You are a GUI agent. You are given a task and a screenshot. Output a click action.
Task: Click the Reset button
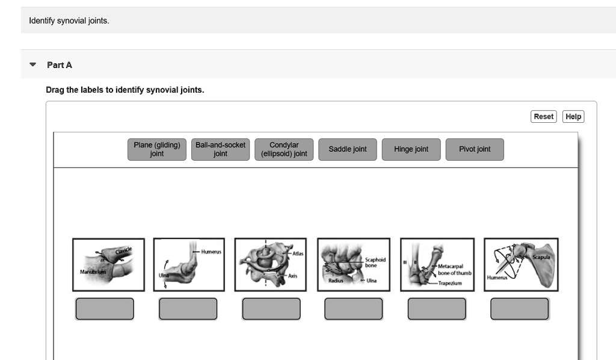(x=543, y=117)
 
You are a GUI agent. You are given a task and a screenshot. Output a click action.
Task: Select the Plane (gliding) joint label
(x=156, y=149)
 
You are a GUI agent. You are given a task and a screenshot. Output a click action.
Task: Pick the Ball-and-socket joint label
(x=220, y=149)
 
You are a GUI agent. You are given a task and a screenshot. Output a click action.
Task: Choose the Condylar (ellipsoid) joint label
(x=284, y=149)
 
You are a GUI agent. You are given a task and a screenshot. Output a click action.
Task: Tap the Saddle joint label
(x=348, y=149)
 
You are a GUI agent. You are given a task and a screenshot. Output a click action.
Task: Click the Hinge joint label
(x=411, y=149)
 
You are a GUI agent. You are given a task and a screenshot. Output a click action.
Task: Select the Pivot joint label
(x=475, y=149)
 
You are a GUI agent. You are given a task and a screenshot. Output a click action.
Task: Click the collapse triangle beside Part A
(x=32, y=64)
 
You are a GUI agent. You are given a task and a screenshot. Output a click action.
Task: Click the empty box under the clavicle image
(x=105, y=309)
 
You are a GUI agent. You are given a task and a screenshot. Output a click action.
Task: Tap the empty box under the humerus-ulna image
(x=188, y=309)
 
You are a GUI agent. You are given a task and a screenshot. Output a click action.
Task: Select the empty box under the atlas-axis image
(x=271, y=309)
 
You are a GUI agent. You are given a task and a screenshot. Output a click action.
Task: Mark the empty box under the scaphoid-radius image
(x=354, y=309)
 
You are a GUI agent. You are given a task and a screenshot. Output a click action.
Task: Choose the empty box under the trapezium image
(x=437, y=309)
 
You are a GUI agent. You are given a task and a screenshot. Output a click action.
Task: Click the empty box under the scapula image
(x=520, y=309)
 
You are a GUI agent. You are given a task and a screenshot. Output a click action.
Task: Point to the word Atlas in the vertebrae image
(x=298, y=253)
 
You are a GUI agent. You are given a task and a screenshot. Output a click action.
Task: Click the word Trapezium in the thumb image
(x=450, y=283)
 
